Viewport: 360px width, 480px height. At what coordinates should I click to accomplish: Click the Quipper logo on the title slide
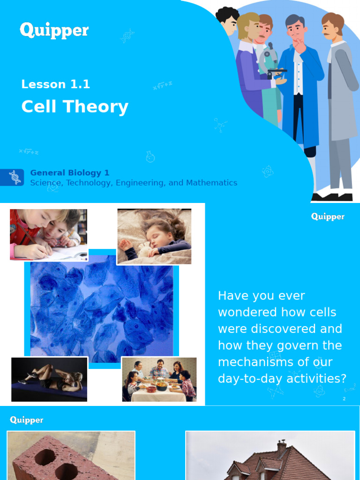(x=54, y=31)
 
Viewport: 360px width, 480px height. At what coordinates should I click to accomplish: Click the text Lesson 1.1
(x=55, y=84)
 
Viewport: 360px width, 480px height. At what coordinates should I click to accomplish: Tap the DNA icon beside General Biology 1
(x=15, y=177)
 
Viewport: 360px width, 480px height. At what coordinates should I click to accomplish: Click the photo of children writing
(x=48, y=234)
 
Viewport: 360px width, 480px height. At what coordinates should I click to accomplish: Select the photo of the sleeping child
(x=154, y=236)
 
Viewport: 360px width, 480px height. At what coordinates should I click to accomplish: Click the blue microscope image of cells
(x=101, y=309)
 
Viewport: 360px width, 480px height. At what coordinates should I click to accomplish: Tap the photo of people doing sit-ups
(x=49, y=379)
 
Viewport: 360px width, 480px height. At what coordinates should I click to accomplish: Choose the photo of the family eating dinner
(x=159, y=380)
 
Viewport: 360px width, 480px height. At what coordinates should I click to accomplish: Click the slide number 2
(x=344, y=398)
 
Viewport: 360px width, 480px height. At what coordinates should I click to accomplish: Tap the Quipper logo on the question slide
(x=328, y=217)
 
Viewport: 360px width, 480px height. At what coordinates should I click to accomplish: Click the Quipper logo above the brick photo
(x=27, y=420)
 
